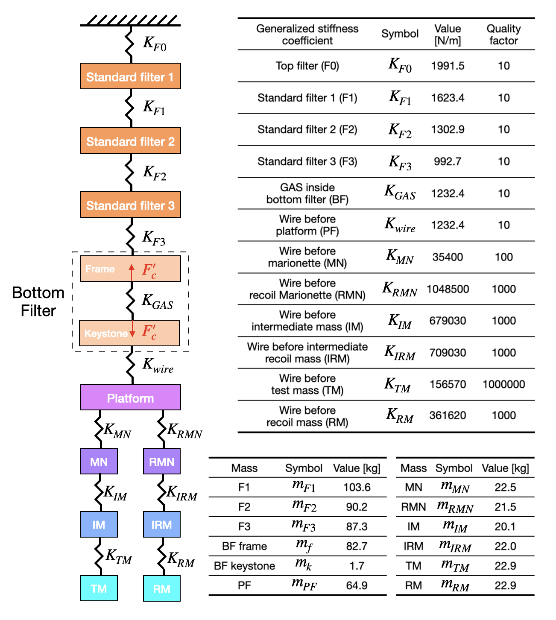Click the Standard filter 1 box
click(x=130, y=76)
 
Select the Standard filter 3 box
click(x=130, y=205)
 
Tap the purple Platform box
click(x=130, y=398)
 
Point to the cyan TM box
click(x=99, y=588)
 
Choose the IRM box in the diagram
click(x=161, y=525)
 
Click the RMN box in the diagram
click(x=161, y=462)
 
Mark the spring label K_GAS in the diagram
click(x=157, y=301)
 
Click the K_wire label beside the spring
click(x=158, y=366)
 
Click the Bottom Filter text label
click(x=38, y=301)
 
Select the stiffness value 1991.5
click(x=448, y=66)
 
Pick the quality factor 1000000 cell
click(x=503, y=384)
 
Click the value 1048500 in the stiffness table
click(x=448, y=289)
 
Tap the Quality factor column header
click(x=503, y=35)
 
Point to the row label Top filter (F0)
click(x=307, y=66)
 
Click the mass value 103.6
click(x=357, y=487)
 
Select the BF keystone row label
click(x=244, y=566)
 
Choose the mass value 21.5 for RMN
click(x=505, y=507)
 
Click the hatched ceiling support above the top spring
click(x=130, y=20)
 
